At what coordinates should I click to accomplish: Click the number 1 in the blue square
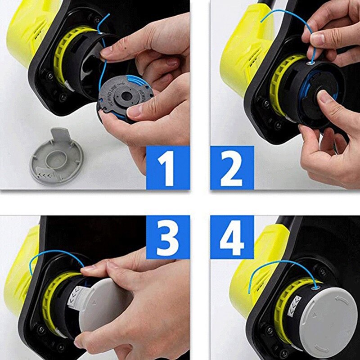point(167,167)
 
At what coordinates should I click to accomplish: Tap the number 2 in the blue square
point(232,167)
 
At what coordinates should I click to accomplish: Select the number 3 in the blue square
point(167,237)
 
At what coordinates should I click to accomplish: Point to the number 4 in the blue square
point(232,237)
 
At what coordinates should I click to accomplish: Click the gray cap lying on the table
point(57,155)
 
